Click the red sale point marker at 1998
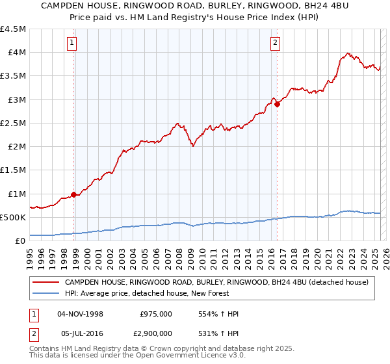[74, 194]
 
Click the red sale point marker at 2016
[278, 103]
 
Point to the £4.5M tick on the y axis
[14, 29]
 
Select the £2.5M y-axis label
[14, 123]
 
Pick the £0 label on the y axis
[20, 240]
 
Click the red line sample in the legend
[45, 283]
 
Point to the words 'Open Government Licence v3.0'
[192, 356]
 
